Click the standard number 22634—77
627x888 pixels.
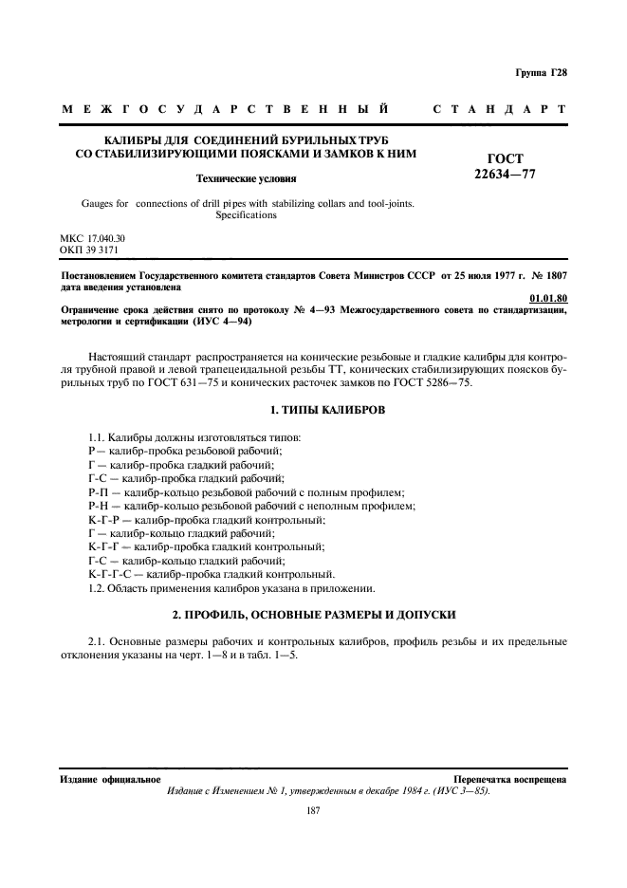click(505, 174)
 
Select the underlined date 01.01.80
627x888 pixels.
click(548, 299)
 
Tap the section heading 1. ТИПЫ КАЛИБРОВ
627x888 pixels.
click(313, 410)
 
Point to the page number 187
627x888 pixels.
click(312, 810)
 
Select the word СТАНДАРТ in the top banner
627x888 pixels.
click(499, 110)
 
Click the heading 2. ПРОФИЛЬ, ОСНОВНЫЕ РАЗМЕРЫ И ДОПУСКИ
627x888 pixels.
click(313, 615)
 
